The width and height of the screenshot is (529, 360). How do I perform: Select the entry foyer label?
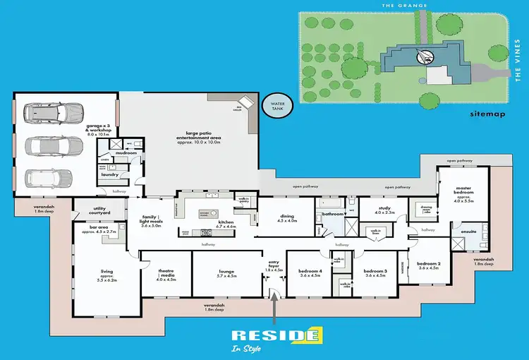point(274,265)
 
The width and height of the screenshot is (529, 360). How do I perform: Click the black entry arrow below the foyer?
point(274,306)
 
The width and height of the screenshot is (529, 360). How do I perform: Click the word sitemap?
point(487,113)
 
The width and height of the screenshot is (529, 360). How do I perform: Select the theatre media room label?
point(165,276)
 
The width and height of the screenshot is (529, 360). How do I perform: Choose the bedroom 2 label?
point(429,265)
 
